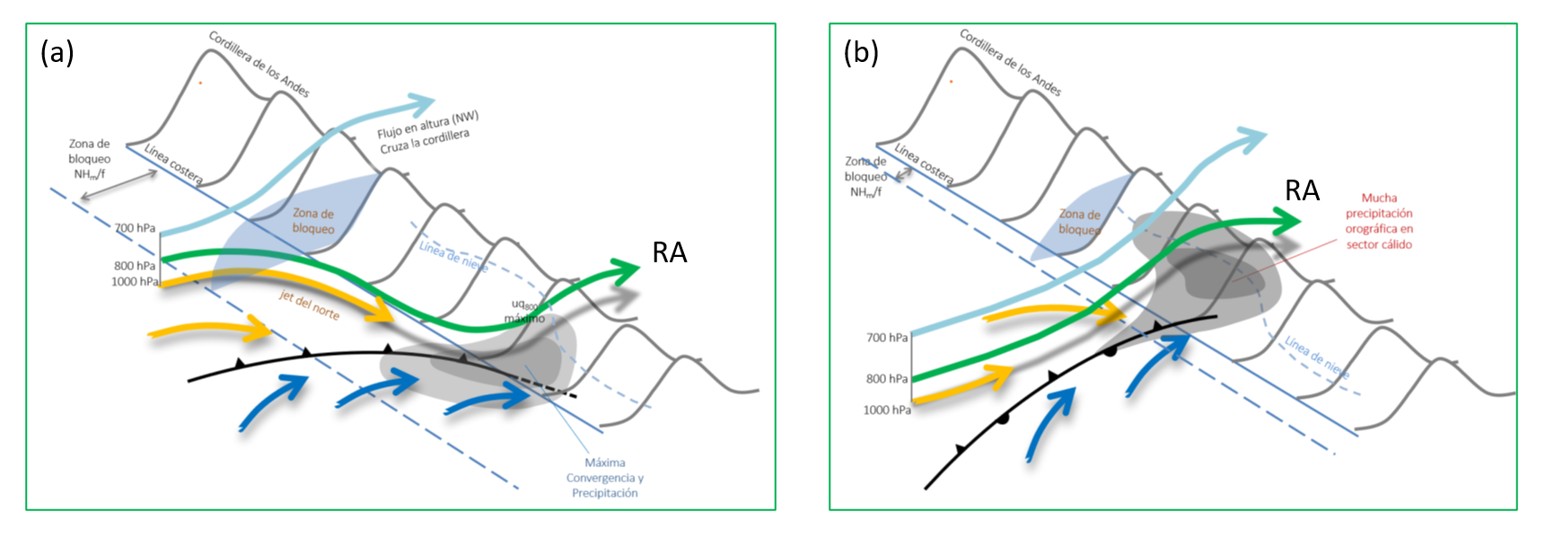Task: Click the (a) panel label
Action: [57, 53]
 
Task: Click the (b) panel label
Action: [860, 53]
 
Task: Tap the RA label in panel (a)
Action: [669, 253]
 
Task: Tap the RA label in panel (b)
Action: [1302, 190]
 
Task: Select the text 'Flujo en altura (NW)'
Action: [427, 125]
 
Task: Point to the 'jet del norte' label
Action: [309, 305]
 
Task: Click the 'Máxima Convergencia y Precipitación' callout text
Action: [604, 478]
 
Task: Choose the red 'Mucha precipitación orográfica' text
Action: [1378, 221]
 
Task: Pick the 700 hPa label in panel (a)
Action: [135, 228]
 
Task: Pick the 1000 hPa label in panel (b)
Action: [886, 410]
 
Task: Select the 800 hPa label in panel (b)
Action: [886, 379]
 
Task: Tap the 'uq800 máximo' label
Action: [524, 312]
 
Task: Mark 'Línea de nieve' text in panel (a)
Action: [453, 256]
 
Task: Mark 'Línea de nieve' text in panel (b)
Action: [1315, 357]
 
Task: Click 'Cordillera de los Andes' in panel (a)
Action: [259, 64]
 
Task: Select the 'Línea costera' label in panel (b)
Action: [923, 164]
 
